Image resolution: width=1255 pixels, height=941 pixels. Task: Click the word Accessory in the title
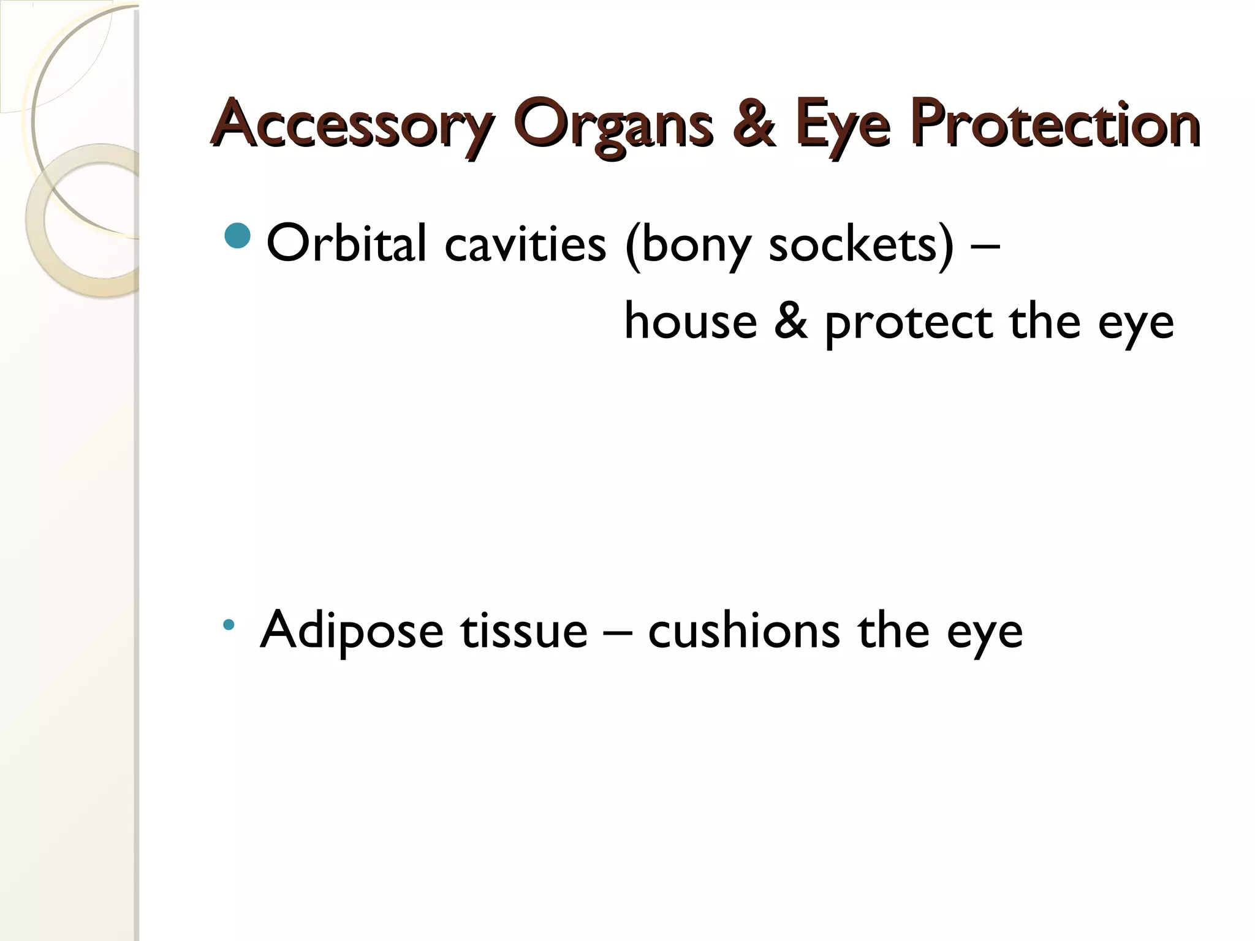point(352,125)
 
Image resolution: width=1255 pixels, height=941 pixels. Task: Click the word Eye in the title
point(843,125)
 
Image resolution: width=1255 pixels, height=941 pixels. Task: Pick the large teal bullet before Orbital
point(238,236)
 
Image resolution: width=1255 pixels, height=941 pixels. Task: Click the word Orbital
point(346,243)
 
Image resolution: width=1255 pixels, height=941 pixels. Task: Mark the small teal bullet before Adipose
point(229,625)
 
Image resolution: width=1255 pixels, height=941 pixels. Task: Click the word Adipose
point(352,631)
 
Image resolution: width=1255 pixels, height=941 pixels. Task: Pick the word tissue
point(524,631)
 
